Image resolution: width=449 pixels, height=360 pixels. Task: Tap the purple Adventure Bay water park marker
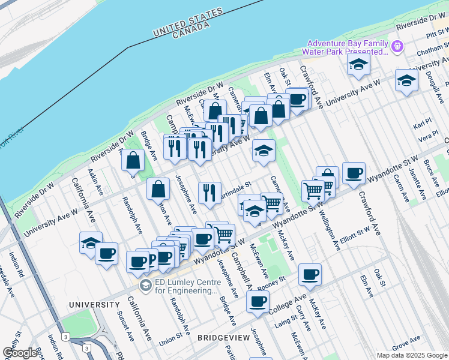coord(397,46)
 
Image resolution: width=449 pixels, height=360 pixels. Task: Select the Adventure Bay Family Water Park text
coord(347,47)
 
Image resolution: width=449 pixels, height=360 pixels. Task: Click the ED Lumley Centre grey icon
coord(145,286)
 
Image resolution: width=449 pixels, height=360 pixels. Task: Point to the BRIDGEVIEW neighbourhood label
coord(223,338)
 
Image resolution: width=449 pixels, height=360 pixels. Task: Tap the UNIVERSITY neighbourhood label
coord(94,305)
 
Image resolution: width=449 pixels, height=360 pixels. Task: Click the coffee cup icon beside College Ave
coord(258,301)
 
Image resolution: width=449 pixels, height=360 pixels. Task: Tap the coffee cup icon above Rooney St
coord(310,274)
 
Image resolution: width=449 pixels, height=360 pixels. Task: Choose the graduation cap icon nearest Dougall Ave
coord(406,80)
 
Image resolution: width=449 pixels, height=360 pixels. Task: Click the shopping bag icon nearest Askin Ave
coord(133,160)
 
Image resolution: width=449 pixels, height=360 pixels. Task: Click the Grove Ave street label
coord(406,342)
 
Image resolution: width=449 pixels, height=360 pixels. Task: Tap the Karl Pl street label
coord(423,127)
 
